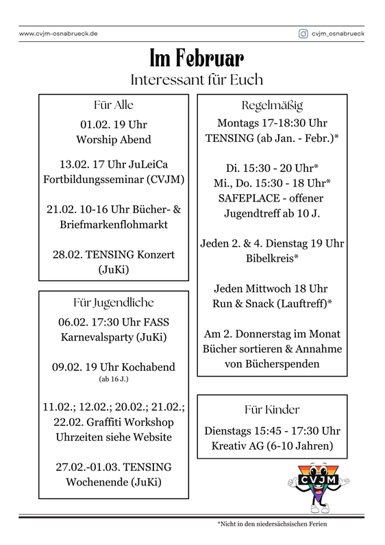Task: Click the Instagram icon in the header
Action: coord(303,33)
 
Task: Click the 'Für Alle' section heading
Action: coord(113,106)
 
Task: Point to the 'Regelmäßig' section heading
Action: coord(272,106)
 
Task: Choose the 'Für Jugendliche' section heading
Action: coord(113,302)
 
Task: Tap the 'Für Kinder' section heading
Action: coord(272,409)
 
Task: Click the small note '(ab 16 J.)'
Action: coord(113,378)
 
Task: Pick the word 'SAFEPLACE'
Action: coord(236,198)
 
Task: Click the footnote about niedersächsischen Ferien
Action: coord(272,524)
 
